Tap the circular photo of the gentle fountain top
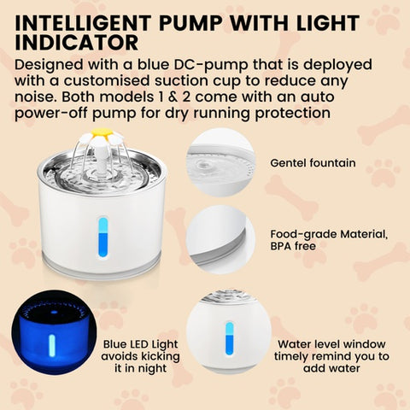220,162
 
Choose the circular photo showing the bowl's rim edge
220,240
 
